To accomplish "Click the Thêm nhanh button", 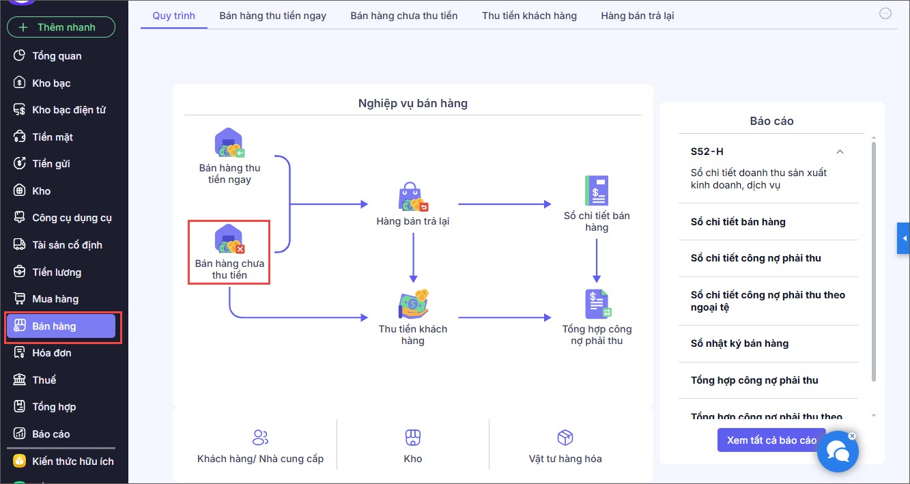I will tap(61, 27).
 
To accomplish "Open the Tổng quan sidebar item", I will tap(57, 56).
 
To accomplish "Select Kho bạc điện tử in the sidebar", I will tap(68, 110).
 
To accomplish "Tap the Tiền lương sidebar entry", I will tap(57, 272).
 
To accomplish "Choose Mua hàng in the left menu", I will tap(55, 299).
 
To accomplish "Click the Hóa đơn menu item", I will tap(51, 353).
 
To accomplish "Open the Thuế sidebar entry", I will tap(44, 380).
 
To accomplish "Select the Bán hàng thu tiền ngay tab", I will tap(272, 15).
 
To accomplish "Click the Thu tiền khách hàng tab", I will tap(529, 15).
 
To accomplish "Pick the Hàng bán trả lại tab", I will tap(637, 15).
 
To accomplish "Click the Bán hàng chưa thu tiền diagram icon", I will tap(229, 240).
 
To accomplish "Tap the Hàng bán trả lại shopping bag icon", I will tap(413, 197).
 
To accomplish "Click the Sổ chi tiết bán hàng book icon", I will tap(597, 191).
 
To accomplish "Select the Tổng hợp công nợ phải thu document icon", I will tap(597, 304).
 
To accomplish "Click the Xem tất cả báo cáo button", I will tap(771, 440).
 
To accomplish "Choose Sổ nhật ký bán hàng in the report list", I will tap(739, 343).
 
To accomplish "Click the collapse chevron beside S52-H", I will tap(840, 152).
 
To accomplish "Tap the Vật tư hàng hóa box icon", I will tap(565, 438).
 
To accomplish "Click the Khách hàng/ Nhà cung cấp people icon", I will tap(260, 438).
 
